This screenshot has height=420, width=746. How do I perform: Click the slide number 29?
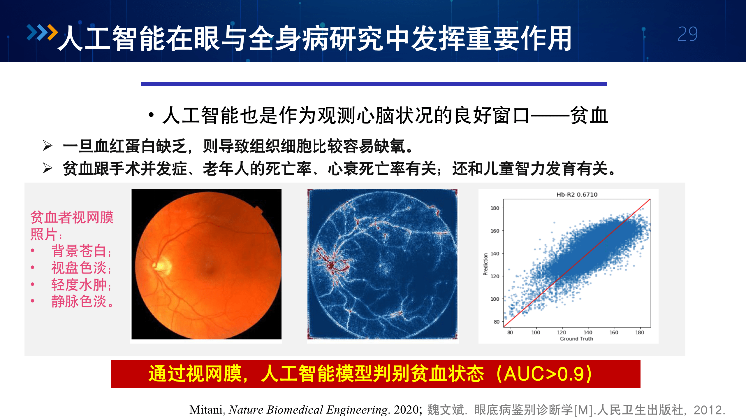click(687, 34)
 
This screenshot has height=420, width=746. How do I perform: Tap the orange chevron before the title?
click(53, 32)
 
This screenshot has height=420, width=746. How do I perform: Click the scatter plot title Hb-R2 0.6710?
click(577, 195)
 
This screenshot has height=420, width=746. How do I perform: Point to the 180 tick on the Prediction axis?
click(495, 208)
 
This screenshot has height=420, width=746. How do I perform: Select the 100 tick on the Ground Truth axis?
click(535, 332)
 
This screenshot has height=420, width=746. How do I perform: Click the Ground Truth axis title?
click(576, 339)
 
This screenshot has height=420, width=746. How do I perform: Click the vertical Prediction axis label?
click(485, 264)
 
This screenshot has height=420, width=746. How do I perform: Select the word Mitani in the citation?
click(206, 410)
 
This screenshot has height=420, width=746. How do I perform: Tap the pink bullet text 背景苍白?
click(79, 251)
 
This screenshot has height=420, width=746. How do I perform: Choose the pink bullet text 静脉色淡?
click(79, 301)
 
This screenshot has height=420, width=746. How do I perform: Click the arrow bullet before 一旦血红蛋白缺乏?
click(47, 146)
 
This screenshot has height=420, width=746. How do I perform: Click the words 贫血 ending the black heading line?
click(589, 116)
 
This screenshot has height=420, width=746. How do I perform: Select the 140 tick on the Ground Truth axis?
click(588, 332)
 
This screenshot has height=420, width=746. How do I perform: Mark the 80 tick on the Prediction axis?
click(496, 322)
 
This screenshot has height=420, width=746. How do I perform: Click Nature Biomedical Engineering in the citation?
click(309, 410)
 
